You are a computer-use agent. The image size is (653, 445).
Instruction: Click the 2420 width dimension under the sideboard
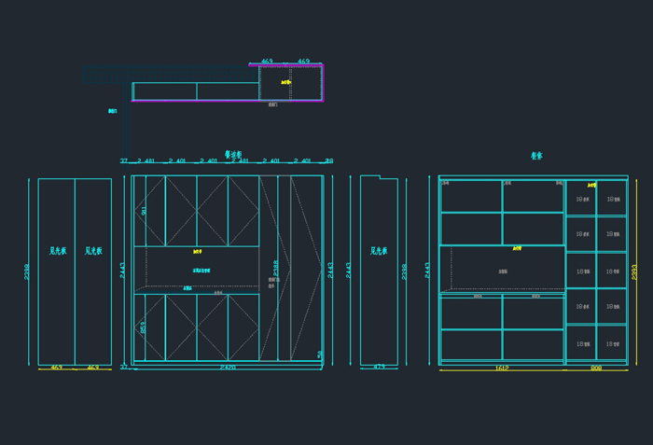click(x=228, y=369)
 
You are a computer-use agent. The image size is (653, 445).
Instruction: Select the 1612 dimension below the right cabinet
click(x=501, y=369)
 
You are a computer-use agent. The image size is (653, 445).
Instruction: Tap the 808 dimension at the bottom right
click(x=596, y=369)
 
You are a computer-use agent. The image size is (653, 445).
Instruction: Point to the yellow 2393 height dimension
click(x=634, y=271)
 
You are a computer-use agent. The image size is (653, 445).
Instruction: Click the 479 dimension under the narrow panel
click(x=379, y=368)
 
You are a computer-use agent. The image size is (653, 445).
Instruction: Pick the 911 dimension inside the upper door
click(x=144, y=211)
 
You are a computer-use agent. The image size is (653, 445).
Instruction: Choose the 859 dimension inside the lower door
click(x=143, y=327)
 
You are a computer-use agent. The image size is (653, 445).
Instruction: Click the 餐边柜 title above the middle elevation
click(x=233, y=155)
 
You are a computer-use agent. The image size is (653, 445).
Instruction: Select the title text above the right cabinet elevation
click(x=536, y=156)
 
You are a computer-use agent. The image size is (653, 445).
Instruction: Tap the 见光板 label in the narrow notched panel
click(x=379, y=251)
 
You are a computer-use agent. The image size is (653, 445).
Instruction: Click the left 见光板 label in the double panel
click(x=57, y=251)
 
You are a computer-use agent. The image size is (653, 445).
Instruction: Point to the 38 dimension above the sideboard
click(x=328, y=161)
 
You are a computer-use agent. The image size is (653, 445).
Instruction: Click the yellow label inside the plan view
click(x=286, y=82)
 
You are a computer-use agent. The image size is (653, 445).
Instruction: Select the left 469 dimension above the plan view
click(x=267, y=62)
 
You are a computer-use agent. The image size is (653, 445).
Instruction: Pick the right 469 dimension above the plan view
click(x=303, y=62)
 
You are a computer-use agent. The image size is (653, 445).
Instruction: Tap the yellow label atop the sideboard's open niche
click(x=197, y=251)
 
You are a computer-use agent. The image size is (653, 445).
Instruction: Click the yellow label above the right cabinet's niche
click(x=516, y=248)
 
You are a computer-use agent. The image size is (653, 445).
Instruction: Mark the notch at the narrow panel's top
click(x=370, y=176)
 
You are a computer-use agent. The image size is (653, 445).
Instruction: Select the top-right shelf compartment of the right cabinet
click(x=612, y=197)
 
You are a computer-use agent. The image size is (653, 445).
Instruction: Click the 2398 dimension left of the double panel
click(x=27, y=271)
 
